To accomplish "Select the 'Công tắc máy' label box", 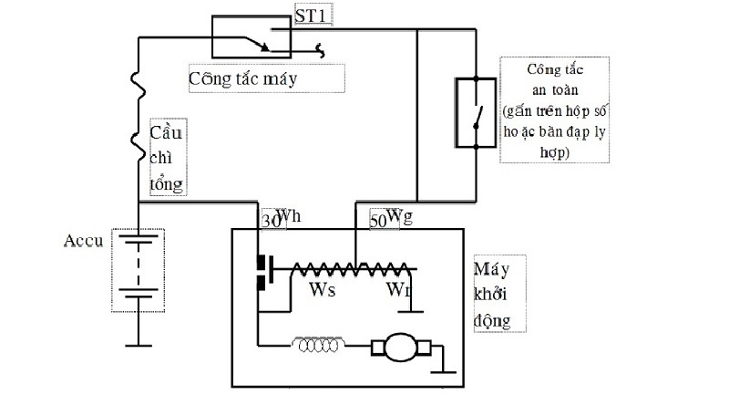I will pos(266,78).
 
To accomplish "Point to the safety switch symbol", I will pos(475,112).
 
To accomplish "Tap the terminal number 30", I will pos(270,220).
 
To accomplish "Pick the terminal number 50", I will pos(377,220).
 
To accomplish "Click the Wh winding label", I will pos(288,215).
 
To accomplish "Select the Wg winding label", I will pos(398,215).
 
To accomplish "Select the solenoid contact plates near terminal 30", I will pos(264,271).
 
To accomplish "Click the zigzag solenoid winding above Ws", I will pos(346,270).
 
